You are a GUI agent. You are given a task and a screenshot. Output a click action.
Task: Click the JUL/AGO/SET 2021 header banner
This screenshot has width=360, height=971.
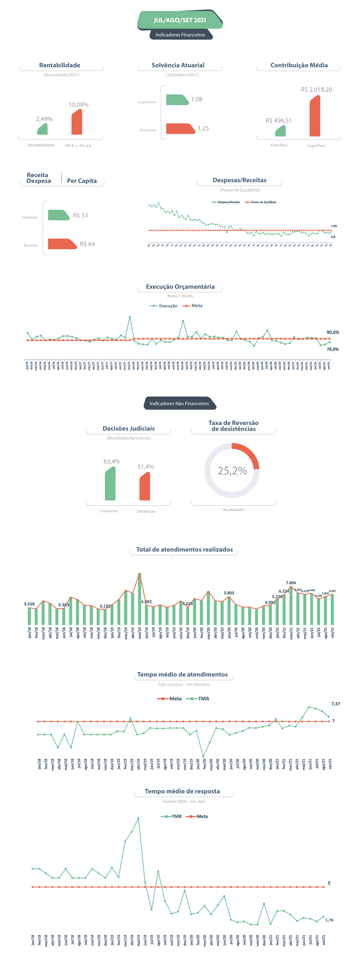pos(180,20)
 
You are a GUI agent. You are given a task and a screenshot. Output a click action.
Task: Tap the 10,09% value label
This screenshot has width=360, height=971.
pos(78,105)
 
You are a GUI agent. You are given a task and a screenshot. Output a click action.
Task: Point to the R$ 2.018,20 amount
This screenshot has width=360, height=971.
pos(316,90)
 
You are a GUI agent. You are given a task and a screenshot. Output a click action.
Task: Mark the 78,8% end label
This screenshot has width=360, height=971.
pos(332,349)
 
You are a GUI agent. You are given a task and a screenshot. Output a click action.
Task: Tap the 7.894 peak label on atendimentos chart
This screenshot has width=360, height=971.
pos(291,583)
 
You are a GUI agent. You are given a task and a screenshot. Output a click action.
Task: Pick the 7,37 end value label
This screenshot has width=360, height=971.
pos(335,704)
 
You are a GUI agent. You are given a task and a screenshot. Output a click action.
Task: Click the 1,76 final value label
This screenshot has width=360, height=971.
pos(329,920)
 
